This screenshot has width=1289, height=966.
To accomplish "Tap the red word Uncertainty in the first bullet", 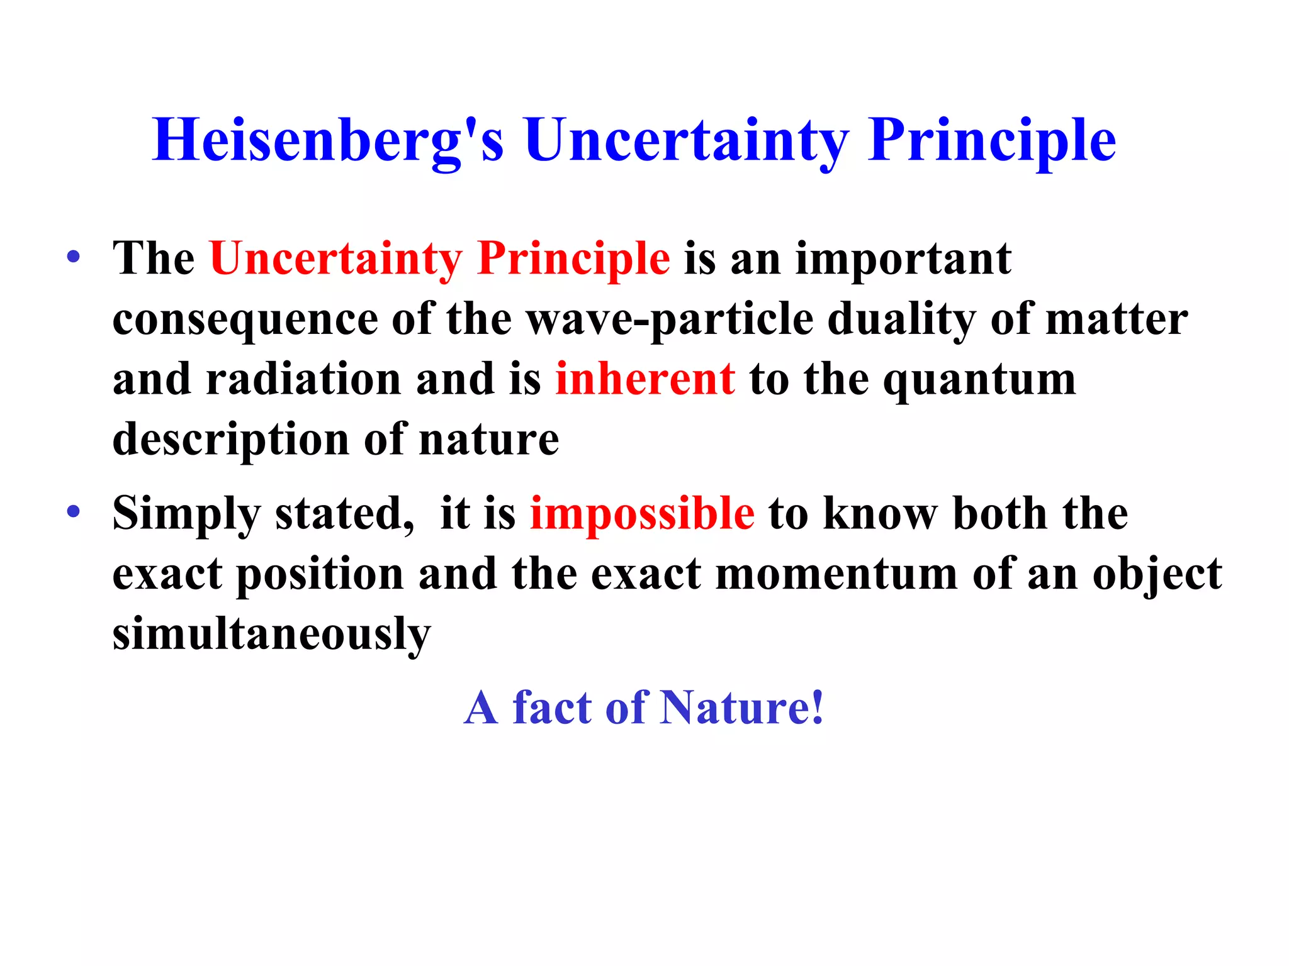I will [x=335, y=258].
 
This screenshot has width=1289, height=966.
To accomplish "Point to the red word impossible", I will [x=642, y=513].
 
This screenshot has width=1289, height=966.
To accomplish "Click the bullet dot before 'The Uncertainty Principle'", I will [x=74, y=257].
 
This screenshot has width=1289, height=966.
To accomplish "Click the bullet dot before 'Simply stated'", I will [x=74, y=511].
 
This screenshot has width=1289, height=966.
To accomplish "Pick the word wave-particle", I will [x=670, y=319].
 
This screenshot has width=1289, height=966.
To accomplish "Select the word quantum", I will [x=979, y=380].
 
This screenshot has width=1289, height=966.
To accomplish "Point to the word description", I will [x=230, y=440].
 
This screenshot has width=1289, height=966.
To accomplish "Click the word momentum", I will [x=836, y=574].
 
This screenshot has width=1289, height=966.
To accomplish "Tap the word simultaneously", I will [x=271, y=634].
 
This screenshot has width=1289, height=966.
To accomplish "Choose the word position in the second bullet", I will [x=320, y=575].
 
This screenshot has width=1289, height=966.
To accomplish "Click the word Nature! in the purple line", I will [x=742, y=708].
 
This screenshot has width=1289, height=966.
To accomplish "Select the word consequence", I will [x=245, y=320].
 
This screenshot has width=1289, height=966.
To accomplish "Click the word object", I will [x=1157, y=575].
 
